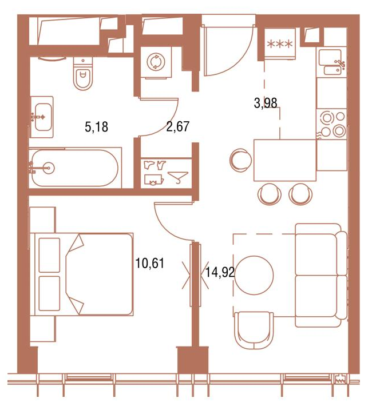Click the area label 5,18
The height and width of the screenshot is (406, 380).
tap(96, 127)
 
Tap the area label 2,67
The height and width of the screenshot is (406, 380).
tap(178, 126)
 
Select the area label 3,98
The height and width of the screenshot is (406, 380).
tap(266, 103)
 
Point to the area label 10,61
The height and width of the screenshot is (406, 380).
tap(150, 263)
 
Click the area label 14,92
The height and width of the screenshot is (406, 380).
tap(220, 272)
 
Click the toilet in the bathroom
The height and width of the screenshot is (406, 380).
tap(82, 73)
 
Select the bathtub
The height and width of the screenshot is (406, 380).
tap(74, 168)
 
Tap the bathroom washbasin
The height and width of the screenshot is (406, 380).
tap(42, 117)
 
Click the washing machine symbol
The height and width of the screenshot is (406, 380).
tap(156, 62)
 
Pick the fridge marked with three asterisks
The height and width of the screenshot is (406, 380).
tap(280, 43)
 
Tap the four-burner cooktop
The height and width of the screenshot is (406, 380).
tap(331, 124)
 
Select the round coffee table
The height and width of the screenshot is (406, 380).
tap(254, 275)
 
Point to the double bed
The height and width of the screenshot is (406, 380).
tap(82, 274)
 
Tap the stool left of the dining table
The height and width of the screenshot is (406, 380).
tap(240, 160)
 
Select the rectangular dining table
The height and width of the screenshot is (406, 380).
tap(285, 160)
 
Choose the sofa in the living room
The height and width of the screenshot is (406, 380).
tap(321, 275)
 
